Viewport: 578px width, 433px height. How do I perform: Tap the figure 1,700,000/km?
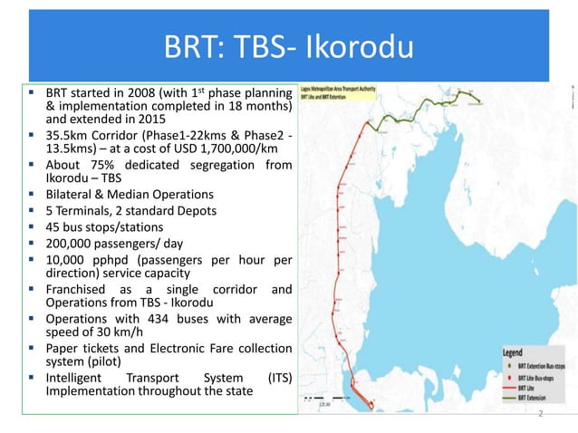(230, 149)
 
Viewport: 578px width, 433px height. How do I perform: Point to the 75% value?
(92, 165)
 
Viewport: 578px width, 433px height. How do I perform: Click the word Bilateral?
(72, 195)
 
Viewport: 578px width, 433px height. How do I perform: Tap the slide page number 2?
(540, 414)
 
